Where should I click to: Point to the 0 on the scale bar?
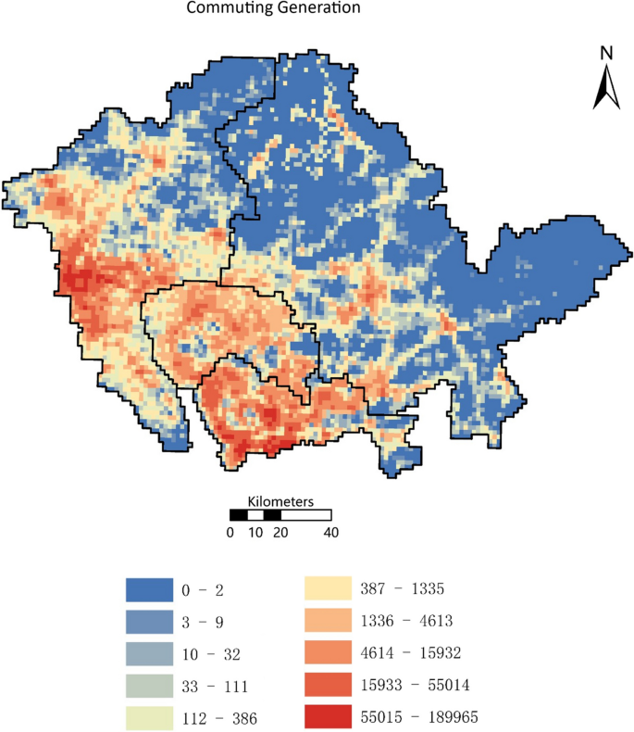(x=230, y=532)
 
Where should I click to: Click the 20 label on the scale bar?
(x=280, y=532)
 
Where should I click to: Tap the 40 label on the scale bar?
(x=330, y=532)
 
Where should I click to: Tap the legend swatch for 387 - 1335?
(x=329, y=588)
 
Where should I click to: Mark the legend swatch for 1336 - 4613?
(x=329, y=621)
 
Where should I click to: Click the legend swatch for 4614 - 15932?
(x=329, y=653)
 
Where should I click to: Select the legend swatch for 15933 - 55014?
(x=329, y=686)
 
